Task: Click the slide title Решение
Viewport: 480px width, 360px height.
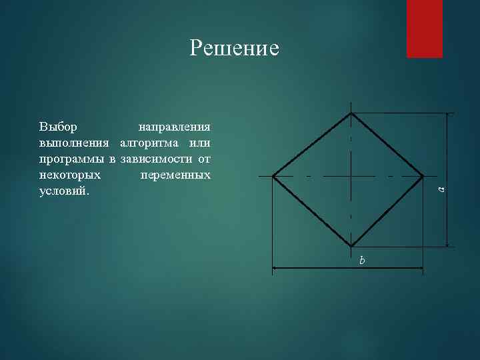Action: (234, 48)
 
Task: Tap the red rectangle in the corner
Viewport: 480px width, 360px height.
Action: (424, 29)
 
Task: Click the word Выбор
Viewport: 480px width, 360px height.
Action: (58, 126)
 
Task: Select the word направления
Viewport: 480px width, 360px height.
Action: (174, 126)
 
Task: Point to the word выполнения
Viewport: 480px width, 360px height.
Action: (75, 143)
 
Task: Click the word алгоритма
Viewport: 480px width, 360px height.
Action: (151, 143)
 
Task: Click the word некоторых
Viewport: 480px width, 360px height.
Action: (70, 175)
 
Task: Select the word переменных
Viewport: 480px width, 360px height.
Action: (176, 175)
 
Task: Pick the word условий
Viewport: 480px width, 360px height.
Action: (63, 191)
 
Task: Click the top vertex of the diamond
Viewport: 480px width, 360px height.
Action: (351, 113)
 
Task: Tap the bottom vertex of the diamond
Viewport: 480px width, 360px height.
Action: (351, 246)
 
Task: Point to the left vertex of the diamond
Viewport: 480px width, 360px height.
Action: (273, 176)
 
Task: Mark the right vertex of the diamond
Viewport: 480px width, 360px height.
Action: (423, 176)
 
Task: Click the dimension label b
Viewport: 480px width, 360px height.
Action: (362, 260)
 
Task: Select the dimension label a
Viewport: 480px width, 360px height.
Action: (441, 189)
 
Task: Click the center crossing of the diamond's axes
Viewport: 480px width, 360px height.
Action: (351, 176)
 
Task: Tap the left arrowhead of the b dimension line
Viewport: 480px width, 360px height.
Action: (276, 269)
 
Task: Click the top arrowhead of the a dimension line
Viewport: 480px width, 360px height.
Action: (448, 116)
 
